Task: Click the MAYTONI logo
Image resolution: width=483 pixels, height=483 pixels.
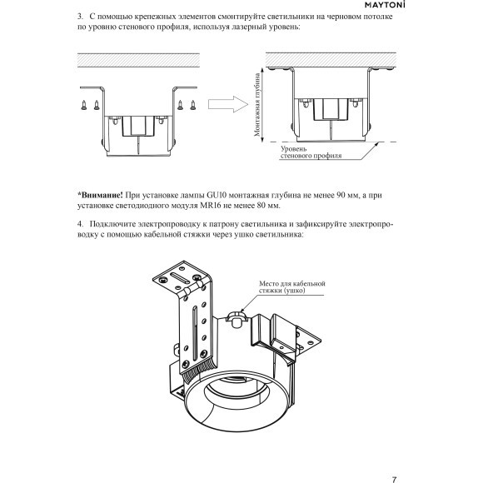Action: coord(385,5)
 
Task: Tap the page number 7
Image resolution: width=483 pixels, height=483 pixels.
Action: coord(394,480)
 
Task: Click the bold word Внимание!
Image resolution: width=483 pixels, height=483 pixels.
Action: coord(100,195)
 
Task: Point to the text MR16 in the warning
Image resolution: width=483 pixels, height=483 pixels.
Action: coord(211,206)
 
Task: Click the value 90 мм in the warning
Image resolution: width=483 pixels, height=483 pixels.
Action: coord(347,195)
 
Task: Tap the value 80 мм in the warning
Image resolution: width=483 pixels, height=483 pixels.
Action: coord(268,206)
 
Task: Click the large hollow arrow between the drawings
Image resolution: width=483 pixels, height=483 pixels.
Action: coord(228,104)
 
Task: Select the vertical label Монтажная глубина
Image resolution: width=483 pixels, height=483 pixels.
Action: coord(257,104)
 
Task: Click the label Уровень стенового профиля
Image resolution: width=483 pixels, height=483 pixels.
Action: coord(311,152)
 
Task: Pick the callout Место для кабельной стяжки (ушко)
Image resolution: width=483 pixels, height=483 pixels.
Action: coord(292,286)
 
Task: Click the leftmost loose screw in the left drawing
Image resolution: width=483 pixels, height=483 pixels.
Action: coord(84,105)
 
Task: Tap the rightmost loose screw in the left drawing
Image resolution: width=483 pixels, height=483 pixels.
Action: coord(193,105)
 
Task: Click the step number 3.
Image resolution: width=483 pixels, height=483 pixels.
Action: coord(80,17)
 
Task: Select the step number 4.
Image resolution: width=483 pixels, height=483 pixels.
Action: coord(80,224)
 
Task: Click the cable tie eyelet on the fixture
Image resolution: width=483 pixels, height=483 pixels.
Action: coord(235,319)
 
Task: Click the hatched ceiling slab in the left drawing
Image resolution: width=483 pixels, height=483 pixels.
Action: coord(138,60)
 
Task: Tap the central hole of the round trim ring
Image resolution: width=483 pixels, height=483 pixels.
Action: coord(235,390)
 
